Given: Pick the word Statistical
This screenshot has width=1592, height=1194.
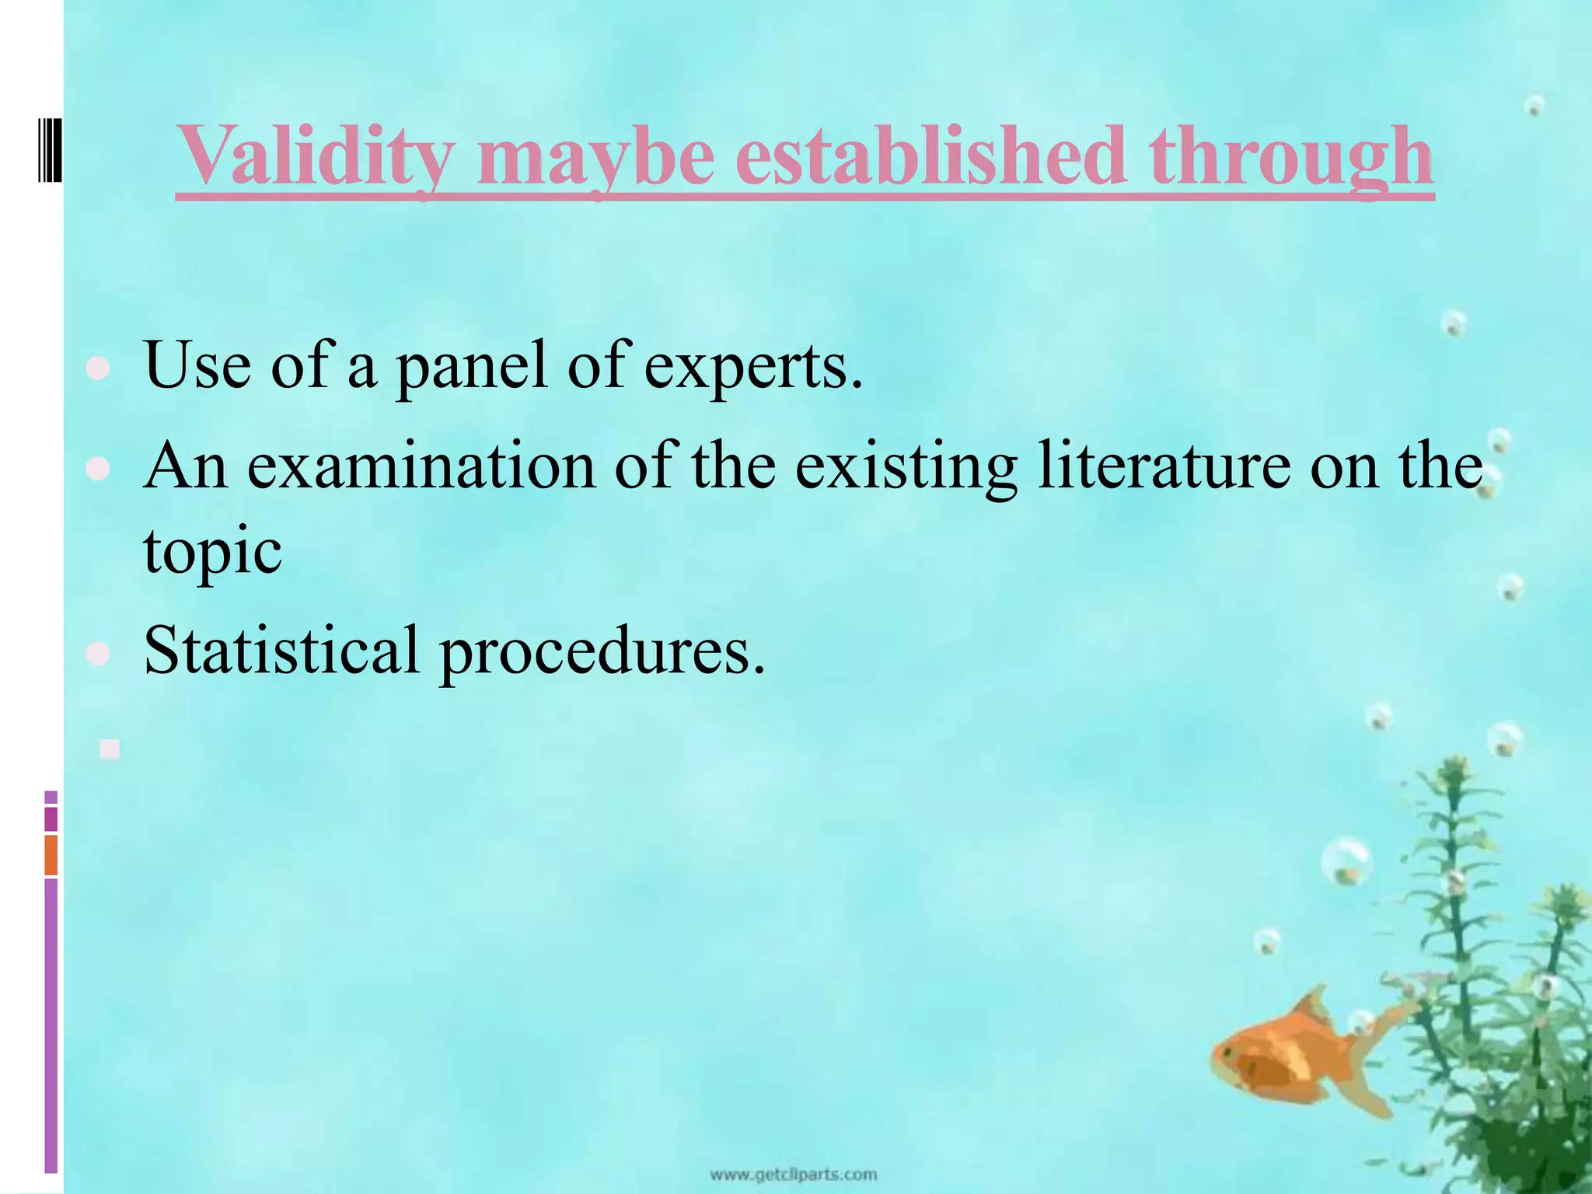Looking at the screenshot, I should [x=281, y=651].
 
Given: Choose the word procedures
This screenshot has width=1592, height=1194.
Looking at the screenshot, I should [x=602, y=651].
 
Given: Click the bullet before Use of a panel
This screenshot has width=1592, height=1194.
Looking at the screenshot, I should [x=98, y=369].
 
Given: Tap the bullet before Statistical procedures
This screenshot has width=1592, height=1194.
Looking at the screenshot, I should [x=98, y=654].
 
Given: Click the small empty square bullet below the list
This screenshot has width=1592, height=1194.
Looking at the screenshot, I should [x=110, y=749].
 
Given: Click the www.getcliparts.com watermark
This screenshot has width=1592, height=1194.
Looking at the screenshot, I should [x=794, y=1175].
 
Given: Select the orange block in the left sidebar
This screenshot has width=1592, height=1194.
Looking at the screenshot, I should [x=51, y=854].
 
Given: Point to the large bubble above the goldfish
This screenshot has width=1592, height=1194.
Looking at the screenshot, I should [x=1346, y=861].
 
